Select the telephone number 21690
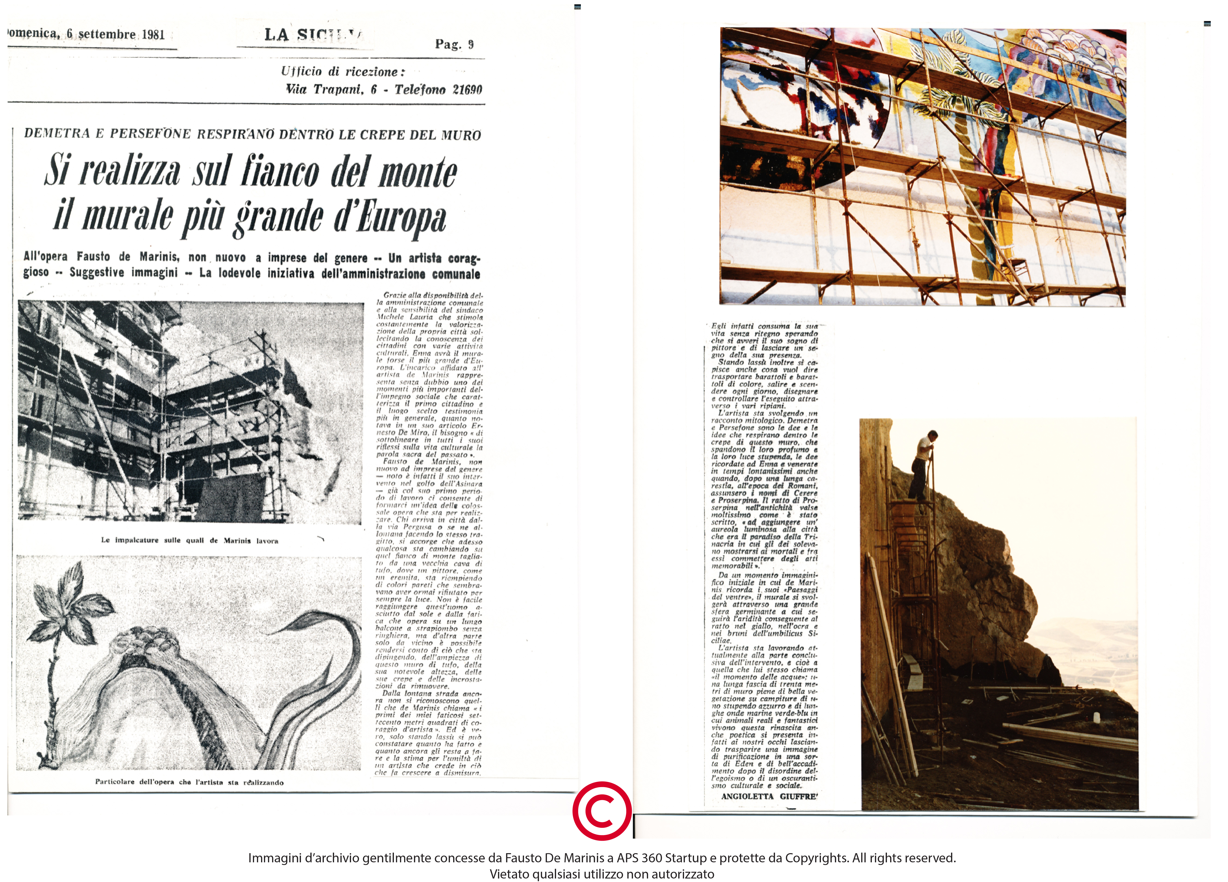coord(467,90)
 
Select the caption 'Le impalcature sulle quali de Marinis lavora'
coord(189,540)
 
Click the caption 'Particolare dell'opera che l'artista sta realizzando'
coord(189,782)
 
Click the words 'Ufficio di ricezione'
coord(342,71)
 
